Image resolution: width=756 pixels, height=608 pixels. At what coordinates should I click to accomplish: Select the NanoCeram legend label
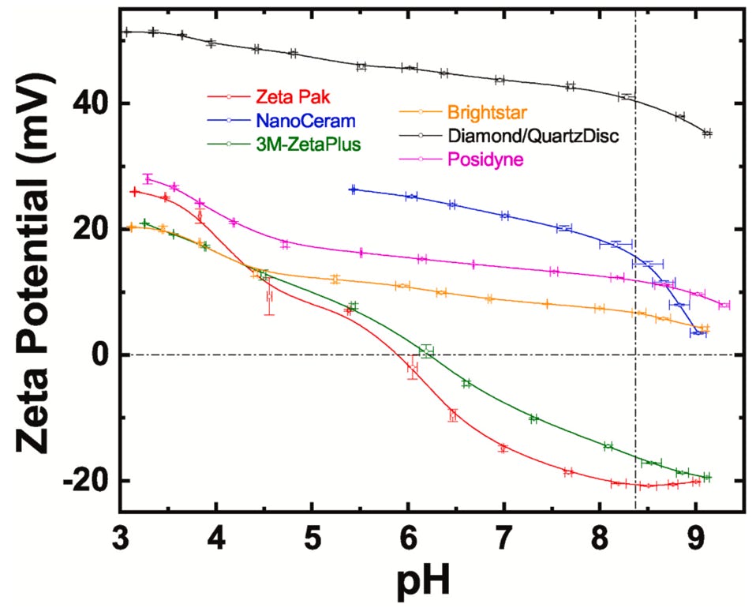[x=305, y=121]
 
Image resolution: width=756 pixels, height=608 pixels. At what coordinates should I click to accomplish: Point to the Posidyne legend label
[x=481, y=159]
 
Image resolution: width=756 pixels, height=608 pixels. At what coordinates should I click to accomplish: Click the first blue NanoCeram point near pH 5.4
[x=353, y=190]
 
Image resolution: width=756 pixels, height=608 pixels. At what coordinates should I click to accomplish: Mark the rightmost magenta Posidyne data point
[x=724, y=305]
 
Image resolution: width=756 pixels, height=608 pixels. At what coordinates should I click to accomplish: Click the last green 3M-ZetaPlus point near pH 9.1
[x=707, y=477]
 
